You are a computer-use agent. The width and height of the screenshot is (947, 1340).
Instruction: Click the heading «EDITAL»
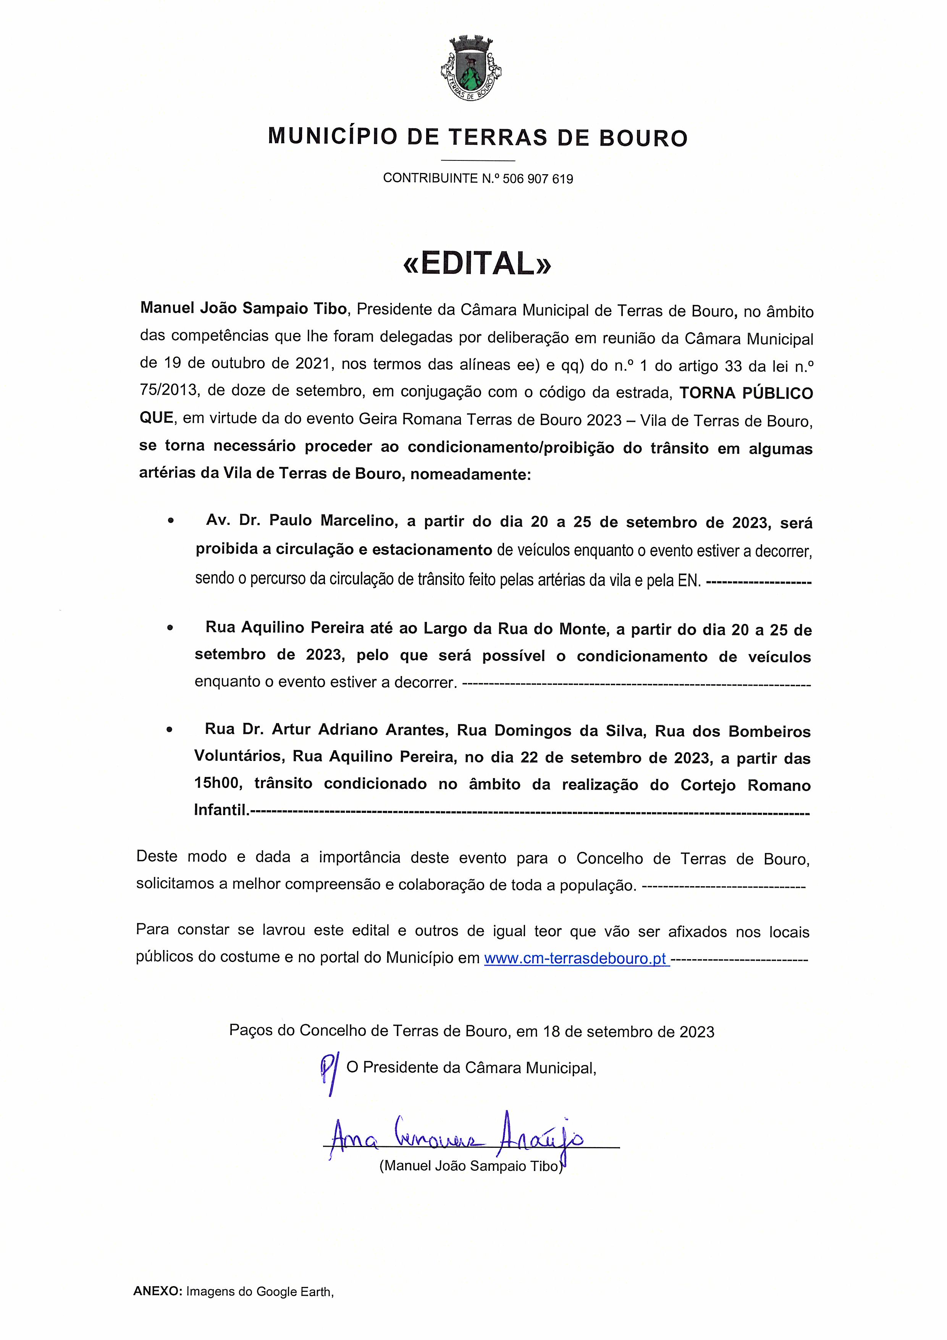pyautogui.click(x=477, y=264)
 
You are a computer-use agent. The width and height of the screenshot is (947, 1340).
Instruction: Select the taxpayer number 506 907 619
pyautogui.click(x=537, y=179)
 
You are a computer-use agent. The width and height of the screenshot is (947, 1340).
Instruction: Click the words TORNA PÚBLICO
pyautogui.click(x=746, y=393)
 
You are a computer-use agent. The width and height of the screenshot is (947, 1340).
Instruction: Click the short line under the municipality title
pyautogui.click(x=478, y=160)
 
